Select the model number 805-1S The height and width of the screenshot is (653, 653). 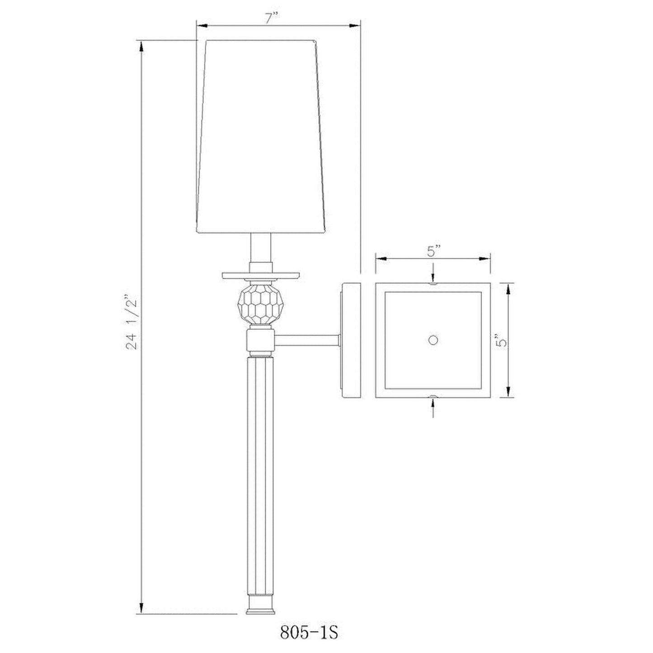click(x=309, y=633)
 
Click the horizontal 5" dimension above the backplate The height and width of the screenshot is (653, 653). click(x=433, y=251)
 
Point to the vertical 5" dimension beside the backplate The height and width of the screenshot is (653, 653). click(x=500, y=340)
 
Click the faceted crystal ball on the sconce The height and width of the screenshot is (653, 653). click(x=261, y=304)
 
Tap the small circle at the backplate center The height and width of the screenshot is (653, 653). click(x=433, y=340)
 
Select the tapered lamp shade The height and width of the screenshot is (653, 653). click(x=261, y=136)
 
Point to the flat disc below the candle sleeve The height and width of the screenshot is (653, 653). click(x=261, y=275)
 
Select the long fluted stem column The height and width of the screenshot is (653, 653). click(x=261, y=474)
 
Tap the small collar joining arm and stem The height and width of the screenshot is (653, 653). click(x=261, y=341)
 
